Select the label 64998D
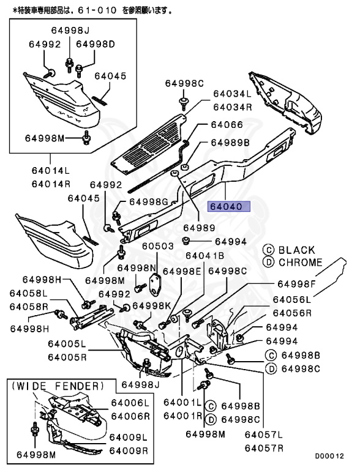pyautogui.click(x=96, y=44)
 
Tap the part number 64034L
pyautogui.click(x=232, y=94)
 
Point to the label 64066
pyautogui.click(x=227, y=125)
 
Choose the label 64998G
pyautogui.click(x=148, y=202)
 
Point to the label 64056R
pyautogui.click(x=292, y=312)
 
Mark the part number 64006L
pyautogui.click(x=129, y=403)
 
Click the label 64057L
pyautogui.click(x=264, y=435)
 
